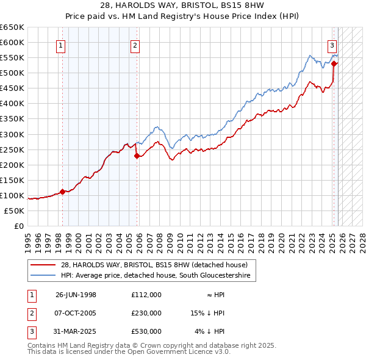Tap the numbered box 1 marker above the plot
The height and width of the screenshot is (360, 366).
click(x=62, y=44)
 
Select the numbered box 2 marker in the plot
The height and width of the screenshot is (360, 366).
click(x=134, y=44)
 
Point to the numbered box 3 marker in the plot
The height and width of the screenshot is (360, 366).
click(x=332, y=44)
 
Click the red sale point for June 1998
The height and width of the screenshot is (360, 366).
click(x=62, y=192)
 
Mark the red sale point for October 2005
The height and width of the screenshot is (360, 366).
click(x=137, y=156)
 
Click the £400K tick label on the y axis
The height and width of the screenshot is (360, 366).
click(x=12, y=103)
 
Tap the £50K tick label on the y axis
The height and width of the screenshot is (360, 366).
click(x=14, y=211)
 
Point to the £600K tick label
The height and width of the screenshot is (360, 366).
click(x=12, y=42)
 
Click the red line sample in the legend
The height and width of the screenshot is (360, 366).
click(x=43, y=265)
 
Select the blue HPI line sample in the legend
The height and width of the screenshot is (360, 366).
click(x=43, y=276)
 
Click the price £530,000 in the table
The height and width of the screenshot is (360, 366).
click(x=146, y=331)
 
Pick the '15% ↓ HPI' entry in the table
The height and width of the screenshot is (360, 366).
click(x=208, y=313)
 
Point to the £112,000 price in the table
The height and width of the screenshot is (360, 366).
click(x=146, y=295)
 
